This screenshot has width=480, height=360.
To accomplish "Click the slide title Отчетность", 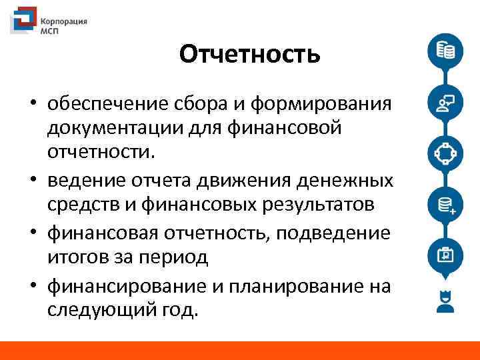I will pyautogui.click(x=249, y=54).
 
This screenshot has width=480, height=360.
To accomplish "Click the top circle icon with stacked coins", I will pyautogui.click(x=444, y=51).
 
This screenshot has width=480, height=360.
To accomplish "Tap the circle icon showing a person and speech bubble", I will pyautogui.click(x=444, y=102).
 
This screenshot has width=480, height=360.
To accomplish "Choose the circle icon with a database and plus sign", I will pyautogui.click(x=444, y=203).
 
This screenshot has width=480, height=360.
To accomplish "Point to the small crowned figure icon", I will pyautogui.click(x=444, y=302).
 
